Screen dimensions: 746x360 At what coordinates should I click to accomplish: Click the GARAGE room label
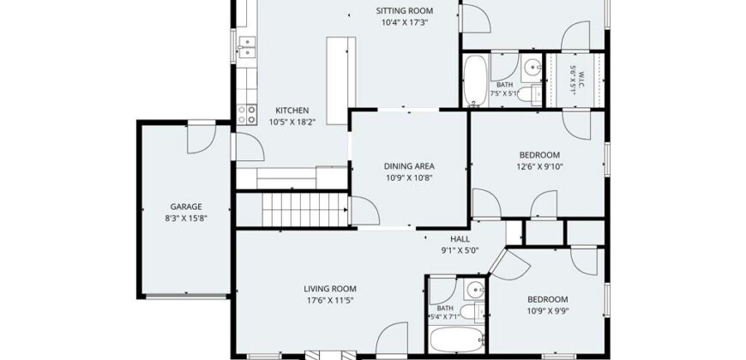[186, 207]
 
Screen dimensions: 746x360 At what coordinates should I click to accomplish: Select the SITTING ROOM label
[405, 11]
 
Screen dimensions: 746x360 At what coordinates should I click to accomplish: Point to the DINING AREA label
[409, 166]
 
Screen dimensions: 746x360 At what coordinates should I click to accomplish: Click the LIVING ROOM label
[330, 289]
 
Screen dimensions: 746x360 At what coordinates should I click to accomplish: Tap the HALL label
[460, 239]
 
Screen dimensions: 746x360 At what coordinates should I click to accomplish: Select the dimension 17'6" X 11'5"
[330, 300]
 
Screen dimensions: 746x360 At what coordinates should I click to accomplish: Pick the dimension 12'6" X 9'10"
[539, 166]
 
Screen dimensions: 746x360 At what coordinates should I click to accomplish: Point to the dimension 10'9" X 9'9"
[547, 311]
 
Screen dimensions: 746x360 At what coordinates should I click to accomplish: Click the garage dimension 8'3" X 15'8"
[186, 219]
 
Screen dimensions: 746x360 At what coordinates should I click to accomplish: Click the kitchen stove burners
[247, 115]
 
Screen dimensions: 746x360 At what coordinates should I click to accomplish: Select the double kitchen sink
[248, 46]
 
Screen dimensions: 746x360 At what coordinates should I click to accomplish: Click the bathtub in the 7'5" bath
[475, 80]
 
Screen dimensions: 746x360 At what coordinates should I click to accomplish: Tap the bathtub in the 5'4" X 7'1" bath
[456, 339]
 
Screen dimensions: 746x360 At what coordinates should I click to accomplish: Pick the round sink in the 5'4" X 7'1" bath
[474, 289]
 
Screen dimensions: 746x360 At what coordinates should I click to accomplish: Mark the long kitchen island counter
[340, 81]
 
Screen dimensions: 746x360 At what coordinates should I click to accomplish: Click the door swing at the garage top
[202, 140]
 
